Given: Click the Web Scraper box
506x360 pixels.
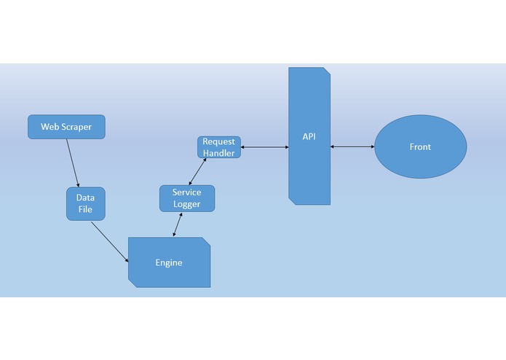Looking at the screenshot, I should [66, 126].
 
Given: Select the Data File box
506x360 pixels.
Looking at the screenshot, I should [85, 204].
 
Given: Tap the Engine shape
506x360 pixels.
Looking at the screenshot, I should [169, 262].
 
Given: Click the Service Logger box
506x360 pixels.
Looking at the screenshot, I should [187, 198].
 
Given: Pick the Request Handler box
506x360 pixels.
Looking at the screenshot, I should [218, 146].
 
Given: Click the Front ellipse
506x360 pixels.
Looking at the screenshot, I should [420, 147].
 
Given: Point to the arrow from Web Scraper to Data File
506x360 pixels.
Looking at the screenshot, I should [72, 163].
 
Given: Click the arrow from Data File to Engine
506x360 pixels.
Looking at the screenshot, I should [110, 241].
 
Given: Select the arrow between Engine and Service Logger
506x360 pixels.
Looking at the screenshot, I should [176, 224].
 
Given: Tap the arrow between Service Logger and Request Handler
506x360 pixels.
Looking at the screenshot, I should [197, 171].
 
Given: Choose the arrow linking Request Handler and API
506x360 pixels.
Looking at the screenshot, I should [264, 147].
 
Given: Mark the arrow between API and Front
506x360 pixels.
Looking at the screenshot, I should [352, 147].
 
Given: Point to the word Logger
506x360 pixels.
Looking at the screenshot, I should [187, 204].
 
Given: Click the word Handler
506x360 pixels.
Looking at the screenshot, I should [218, 152].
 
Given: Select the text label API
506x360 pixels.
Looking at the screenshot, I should [309, 136].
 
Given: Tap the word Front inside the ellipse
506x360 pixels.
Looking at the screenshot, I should [420, 147].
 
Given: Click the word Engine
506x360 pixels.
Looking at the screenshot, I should [169, 262].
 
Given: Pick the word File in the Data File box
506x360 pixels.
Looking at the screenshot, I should [85, 210].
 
